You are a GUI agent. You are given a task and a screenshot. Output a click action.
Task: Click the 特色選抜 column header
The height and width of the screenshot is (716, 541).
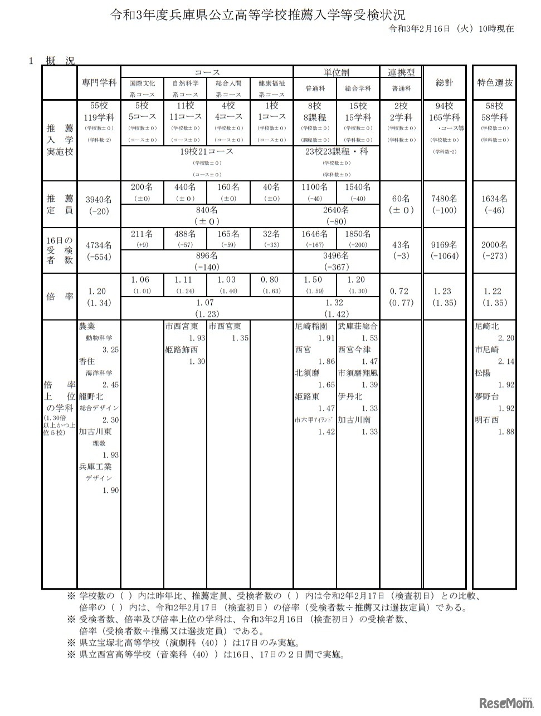494,82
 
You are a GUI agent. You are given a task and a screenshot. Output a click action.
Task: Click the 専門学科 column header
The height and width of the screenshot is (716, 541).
99,82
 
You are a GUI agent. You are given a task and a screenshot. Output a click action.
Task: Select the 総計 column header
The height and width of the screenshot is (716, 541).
445,82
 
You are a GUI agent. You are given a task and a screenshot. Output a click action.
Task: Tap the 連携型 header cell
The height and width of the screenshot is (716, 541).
401,72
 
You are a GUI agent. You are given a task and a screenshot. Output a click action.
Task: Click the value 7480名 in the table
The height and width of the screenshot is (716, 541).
445,199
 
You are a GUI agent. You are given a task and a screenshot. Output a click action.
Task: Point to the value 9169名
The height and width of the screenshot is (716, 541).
445,245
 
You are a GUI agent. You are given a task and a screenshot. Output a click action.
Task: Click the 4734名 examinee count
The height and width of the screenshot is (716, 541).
99,245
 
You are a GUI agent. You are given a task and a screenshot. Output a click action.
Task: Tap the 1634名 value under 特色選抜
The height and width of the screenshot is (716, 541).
494,199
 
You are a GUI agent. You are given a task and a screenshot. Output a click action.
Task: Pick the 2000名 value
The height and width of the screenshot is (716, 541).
494,245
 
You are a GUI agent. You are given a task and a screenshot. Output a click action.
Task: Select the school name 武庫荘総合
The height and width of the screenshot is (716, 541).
358,327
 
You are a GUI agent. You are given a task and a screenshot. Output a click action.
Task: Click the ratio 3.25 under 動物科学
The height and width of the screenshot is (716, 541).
110,350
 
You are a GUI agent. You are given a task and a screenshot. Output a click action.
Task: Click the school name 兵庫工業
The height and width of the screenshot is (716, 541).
95,467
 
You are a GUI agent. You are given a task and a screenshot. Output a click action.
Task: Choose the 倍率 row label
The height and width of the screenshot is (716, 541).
59,297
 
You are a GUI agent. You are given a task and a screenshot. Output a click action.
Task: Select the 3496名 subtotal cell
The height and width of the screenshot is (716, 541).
337,255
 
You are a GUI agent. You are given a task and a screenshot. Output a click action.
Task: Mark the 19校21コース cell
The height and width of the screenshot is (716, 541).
207,151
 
